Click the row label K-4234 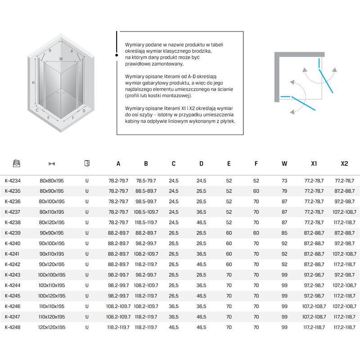pos(13,180)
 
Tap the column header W pos(284,164)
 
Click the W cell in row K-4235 pos(284,191)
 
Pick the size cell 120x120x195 pos(52,328)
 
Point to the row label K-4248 pos(13,328)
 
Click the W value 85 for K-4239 pos(284,233)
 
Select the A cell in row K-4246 pos(118,306)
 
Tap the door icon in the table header pos(87,163)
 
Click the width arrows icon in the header pos(52,164)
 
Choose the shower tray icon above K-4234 pos(17,163)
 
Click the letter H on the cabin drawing pos(33,83)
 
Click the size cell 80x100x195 pos(52,202)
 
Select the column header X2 pos(344,164)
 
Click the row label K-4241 pos(13,254)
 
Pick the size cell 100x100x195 pos(52,275)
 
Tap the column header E pos(229,164)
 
